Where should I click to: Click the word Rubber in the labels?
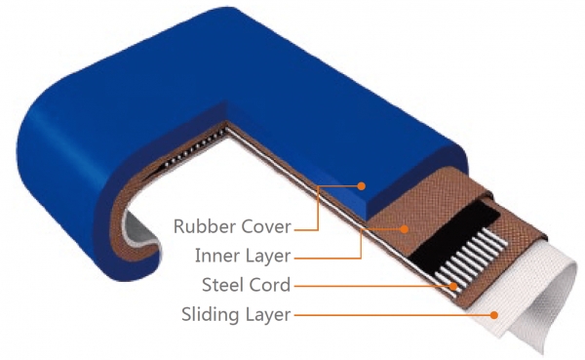[206, 226]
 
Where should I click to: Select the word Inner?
[217, 256]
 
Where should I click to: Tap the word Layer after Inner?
[268, 257]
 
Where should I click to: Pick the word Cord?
[269, 285]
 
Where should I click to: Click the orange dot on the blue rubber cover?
[361, 185]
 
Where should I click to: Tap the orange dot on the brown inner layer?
[404, 229]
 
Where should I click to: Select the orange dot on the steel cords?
[453, 287]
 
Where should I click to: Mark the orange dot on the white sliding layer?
[494, 315]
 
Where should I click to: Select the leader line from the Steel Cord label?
[373, 287]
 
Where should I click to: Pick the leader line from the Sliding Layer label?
[394, 315]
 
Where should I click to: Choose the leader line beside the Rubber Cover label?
[318, 208]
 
